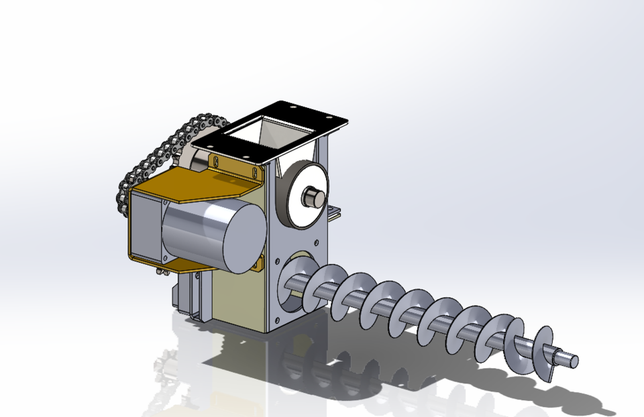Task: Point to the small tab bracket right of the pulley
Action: click(x=333, y=213)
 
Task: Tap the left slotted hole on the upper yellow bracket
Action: click(x=216, y=160)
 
